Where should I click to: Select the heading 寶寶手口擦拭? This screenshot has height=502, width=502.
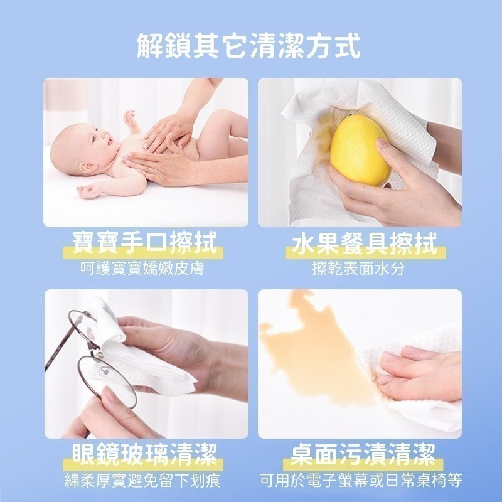click(145, 243)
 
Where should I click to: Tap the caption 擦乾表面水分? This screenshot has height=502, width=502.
click(359, 269)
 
